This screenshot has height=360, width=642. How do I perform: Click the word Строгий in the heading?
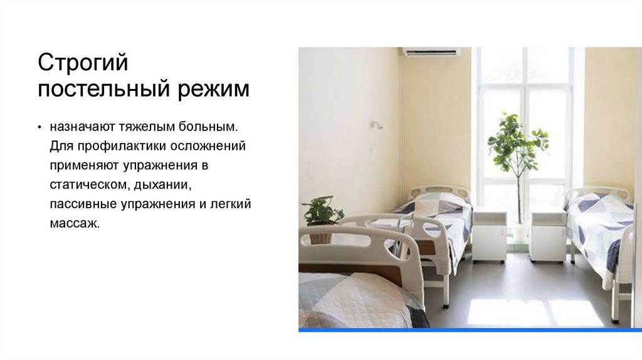coord(83,63)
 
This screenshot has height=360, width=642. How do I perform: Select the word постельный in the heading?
coord(104,89)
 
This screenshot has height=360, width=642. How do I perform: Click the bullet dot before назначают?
coord(39,127)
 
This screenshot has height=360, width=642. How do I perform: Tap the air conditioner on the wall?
coord(431,52)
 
